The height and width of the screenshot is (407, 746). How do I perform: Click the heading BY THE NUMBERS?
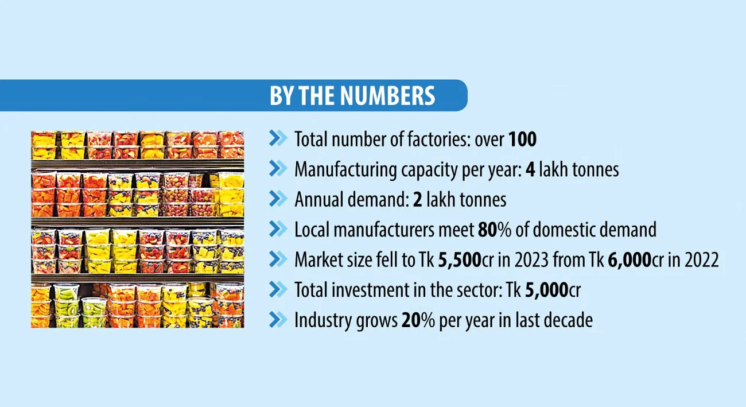point(352,96)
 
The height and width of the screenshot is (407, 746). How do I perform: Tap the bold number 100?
point(522,139)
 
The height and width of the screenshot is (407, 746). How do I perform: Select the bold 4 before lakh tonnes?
point(530,169)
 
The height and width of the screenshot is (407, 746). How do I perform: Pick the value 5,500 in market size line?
point(460,259)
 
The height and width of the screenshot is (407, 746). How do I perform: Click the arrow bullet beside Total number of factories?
point(278,139)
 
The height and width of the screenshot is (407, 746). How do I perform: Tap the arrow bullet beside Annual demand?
point(278,199)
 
